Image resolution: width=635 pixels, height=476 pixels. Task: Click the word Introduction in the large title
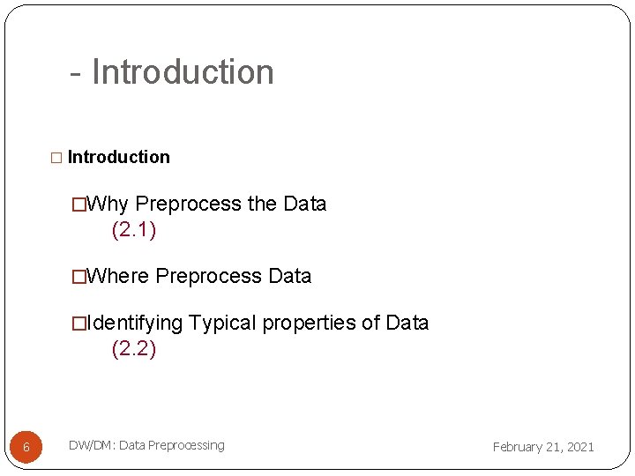183,71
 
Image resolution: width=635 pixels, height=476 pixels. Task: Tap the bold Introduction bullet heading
118,157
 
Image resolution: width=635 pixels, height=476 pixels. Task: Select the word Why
108,204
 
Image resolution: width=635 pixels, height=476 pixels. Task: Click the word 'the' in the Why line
262,204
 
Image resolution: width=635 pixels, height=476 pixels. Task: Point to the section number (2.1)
134,230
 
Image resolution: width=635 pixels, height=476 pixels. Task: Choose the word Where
119,276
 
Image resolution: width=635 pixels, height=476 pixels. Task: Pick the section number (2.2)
134,349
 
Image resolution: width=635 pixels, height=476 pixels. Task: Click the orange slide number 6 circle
26,447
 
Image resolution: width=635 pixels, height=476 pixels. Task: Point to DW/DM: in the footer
92,445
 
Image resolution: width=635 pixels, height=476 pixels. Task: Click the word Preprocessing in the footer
186,445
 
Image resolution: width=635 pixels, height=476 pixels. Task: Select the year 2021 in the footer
579,447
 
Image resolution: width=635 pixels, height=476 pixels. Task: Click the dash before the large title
76,73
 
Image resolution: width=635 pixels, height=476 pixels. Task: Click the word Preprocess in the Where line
209,276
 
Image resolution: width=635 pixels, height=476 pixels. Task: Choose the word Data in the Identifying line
407,323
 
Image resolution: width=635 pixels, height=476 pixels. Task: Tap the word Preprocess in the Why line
189,204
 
